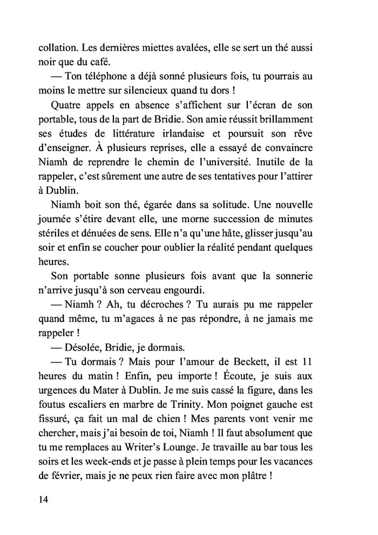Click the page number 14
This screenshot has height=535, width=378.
coord(43,499)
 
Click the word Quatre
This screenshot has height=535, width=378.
coord(64,104)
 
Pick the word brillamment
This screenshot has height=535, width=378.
coord(283,118)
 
